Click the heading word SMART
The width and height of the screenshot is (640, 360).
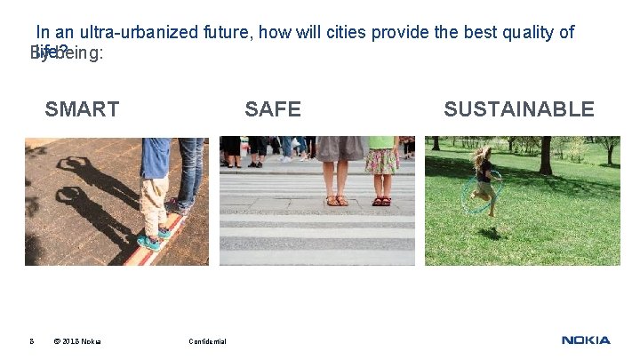pyautogui.click(x=82, y=109)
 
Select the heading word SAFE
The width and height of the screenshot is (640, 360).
pyautogui.click(x=273, y=109)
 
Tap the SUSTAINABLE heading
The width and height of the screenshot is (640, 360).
pyautogui.click(x=519, y=109)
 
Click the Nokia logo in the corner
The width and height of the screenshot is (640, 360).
pyautogui.click(x=586, y=340)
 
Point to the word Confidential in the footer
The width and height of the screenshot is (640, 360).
pyautogui.click(x=207, y=341)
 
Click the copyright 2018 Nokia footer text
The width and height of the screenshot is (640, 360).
pyautogui.click(x=77, y=341)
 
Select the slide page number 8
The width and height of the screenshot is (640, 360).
pyautogui.click(x=31, y=341)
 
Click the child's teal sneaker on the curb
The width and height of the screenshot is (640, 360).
pyautogui.click(x=148, y=241)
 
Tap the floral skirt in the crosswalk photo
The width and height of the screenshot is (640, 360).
pyautogui.click(x=382, y=161)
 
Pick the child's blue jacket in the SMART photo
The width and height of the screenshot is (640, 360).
pyautogui.click(x=156, y=157)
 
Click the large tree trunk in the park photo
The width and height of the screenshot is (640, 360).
pyautogui.click(x=545, y=156)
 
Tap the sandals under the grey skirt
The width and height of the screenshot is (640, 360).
pyautogui.click(x=337, y=200)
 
